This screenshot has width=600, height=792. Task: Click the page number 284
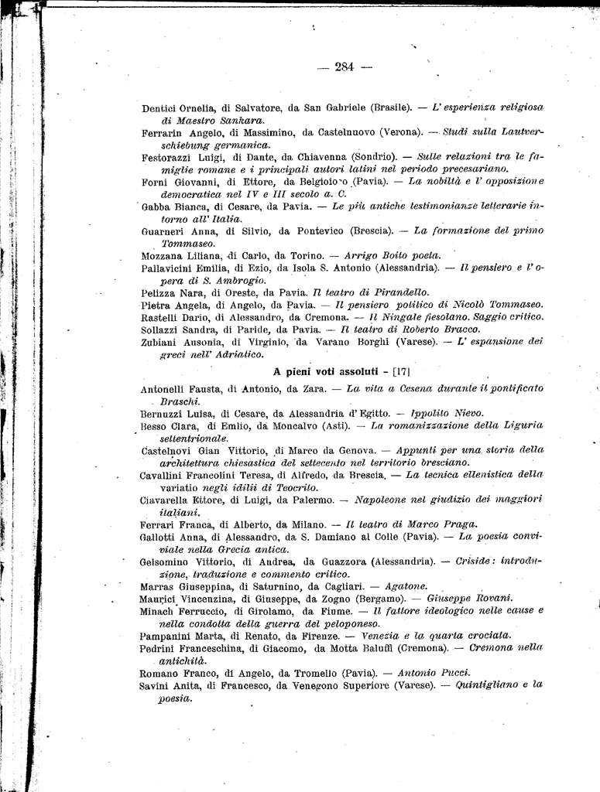345,67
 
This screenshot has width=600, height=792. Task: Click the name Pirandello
397,292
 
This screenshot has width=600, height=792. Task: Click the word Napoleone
376,500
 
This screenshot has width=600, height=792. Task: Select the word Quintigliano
491,685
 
